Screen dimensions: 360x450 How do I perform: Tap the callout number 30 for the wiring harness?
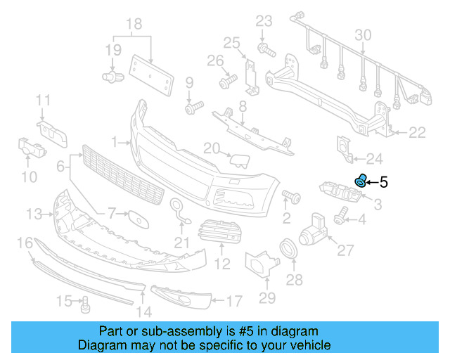coord(363,34)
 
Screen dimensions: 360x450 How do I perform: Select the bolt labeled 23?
coord(266,49)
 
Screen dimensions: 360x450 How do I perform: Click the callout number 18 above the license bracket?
coord(134,25)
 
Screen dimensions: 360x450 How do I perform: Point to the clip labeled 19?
coord(111,75)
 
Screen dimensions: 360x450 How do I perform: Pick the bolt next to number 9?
coord(193,108)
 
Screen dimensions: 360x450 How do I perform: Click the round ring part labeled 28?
coord(288,249)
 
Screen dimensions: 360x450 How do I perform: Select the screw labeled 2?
coord(291,194)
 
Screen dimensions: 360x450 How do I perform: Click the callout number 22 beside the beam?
coord(418,132)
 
